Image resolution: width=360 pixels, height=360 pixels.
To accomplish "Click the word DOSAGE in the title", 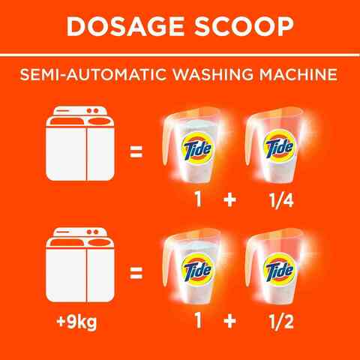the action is (x=125, y=27).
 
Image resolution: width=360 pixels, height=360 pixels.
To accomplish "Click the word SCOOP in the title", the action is (x=244, y=27).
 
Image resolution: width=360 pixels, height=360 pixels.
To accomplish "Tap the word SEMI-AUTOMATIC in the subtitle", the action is (x=93, y=74).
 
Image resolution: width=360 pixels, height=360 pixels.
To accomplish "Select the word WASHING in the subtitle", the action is (x=213, y=74).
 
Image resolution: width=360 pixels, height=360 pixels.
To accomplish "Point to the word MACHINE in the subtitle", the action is (x=298, y=74).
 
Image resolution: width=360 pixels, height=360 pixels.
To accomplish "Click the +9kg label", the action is (x=76, y=322).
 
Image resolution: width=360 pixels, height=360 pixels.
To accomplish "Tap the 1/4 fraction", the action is (x=281, y=200).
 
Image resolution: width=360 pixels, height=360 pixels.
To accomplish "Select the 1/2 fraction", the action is (x=281, y=321).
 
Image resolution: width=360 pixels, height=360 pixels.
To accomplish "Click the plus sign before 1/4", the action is (x=229, y=200).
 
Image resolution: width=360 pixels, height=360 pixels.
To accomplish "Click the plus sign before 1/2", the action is (x=229, y=321).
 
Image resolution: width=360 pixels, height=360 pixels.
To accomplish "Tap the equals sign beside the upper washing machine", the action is (x=136, y=151).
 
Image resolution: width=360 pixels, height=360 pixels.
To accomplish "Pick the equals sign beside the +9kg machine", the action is (x=136, y=273).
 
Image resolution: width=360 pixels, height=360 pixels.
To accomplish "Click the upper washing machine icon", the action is (x=80, y=143).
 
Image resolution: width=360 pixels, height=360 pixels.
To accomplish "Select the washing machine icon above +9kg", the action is (x=80, y=265).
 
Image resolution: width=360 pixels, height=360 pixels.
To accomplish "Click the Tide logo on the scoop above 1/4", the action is (x=280, y=147).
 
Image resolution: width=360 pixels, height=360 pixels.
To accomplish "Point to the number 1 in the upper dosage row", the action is (x=199, y=200).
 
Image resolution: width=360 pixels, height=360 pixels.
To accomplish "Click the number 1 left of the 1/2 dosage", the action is (x=199, y=321).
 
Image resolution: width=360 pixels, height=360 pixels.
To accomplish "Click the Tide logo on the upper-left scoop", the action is (x=197, y=148).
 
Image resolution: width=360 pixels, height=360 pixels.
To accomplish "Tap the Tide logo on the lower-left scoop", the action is (x=197, y=270).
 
